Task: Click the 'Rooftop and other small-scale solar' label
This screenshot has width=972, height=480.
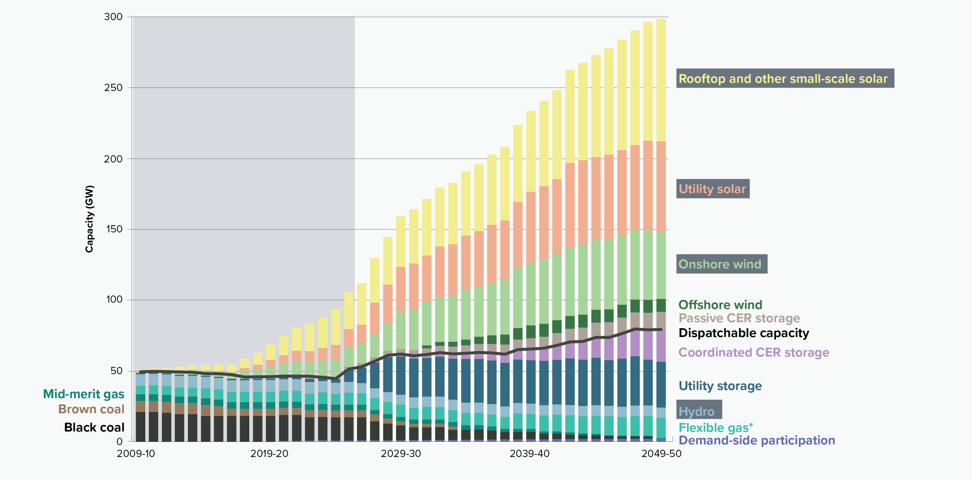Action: (x=784, y=78)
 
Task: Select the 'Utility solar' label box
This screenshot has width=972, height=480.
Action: (x=712, y=189)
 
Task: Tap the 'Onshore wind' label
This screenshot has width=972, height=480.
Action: (x=721, y=264)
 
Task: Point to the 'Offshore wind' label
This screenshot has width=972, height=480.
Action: (x=720, y=305)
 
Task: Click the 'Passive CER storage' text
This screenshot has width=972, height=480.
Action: (x=739, y=318)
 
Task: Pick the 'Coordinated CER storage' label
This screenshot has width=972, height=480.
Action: (x=754, y=352)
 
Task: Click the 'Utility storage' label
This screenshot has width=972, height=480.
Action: (x=720, y=386)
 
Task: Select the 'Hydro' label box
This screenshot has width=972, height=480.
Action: (x=699, y=410)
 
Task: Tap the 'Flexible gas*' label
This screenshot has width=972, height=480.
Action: (x=715, y=428)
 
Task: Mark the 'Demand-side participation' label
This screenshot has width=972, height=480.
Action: (x=756, y=440)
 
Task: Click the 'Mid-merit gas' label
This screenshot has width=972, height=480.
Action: (x=84, y=394)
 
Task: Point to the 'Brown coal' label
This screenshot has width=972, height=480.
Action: (x=91, y=409)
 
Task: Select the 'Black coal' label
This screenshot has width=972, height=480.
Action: (x=94, y=427)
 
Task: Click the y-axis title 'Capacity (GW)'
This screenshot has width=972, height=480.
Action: (x=89, y=219)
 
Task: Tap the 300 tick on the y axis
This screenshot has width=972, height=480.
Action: (x=113, y=17)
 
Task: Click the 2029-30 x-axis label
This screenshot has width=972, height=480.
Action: (x=401, y=454)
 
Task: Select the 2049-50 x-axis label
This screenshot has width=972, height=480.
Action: (x=662, y=454)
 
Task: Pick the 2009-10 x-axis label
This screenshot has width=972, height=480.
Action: (x=136, y=454)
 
